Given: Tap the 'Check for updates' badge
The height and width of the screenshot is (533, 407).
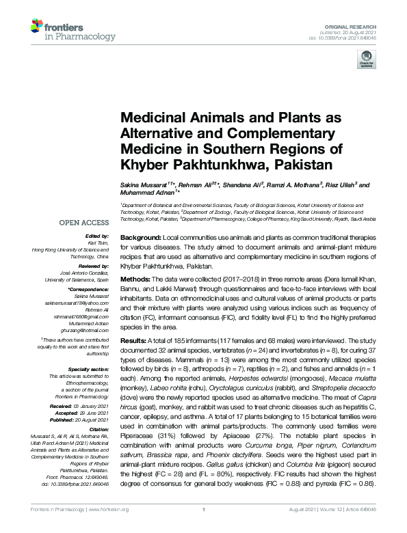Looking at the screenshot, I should click(365, 62).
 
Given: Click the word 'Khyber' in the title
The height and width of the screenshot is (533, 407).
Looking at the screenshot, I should click(145, 165).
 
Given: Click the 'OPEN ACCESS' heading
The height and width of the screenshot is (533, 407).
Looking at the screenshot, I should click(84, 223).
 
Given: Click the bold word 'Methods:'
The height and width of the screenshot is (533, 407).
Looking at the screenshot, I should click(136, 279).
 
